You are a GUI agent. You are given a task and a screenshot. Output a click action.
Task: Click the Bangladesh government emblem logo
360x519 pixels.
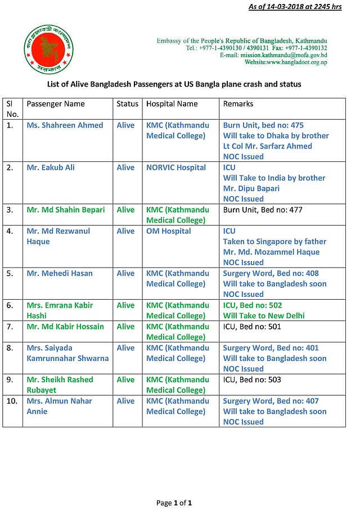click(49, 49)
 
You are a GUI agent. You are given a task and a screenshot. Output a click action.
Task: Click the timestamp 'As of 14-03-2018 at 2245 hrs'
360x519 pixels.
click(295, 7)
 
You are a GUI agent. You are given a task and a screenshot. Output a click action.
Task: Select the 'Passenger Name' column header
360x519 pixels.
click(56, 104)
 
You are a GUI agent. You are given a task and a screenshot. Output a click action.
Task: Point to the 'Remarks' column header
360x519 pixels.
click(238, 104)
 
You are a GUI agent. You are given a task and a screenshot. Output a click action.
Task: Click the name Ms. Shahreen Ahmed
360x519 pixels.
click(65, 125)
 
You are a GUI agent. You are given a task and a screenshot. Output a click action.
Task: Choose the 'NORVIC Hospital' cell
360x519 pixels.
click(176, 168)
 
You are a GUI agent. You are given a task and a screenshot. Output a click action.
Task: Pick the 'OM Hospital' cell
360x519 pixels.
click(168, 231)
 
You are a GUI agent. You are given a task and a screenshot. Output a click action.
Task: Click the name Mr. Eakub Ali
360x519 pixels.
click(51, 168)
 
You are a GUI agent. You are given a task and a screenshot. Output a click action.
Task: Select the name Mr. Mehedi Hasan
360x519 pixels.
click(60, 273)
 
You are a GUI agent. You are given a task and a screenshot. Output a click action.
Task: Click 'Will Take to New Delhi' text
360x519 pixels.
click(264, 315)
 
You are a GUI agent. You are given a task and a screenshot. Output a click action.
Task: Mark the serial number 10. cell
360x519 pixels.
click(10, 401)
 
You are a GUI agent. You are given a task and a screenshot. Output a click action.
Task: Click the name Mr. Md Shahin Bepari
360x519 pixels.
click(65, 210)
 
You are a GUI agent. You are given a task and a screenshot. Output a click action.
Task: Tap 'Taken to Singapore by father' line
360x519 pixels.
click(274, 241)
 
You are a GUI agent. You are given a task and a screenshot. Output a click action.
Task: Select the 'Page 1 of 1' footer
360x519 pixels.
click(174, 503)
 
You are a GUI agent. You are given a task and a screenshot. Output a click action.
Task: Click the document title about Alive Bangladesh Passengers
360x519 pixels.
click(174, 84)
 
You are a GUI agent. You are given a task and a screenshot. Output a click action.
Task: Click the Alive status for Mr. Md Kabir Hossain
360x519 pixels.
click(125, 327)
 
